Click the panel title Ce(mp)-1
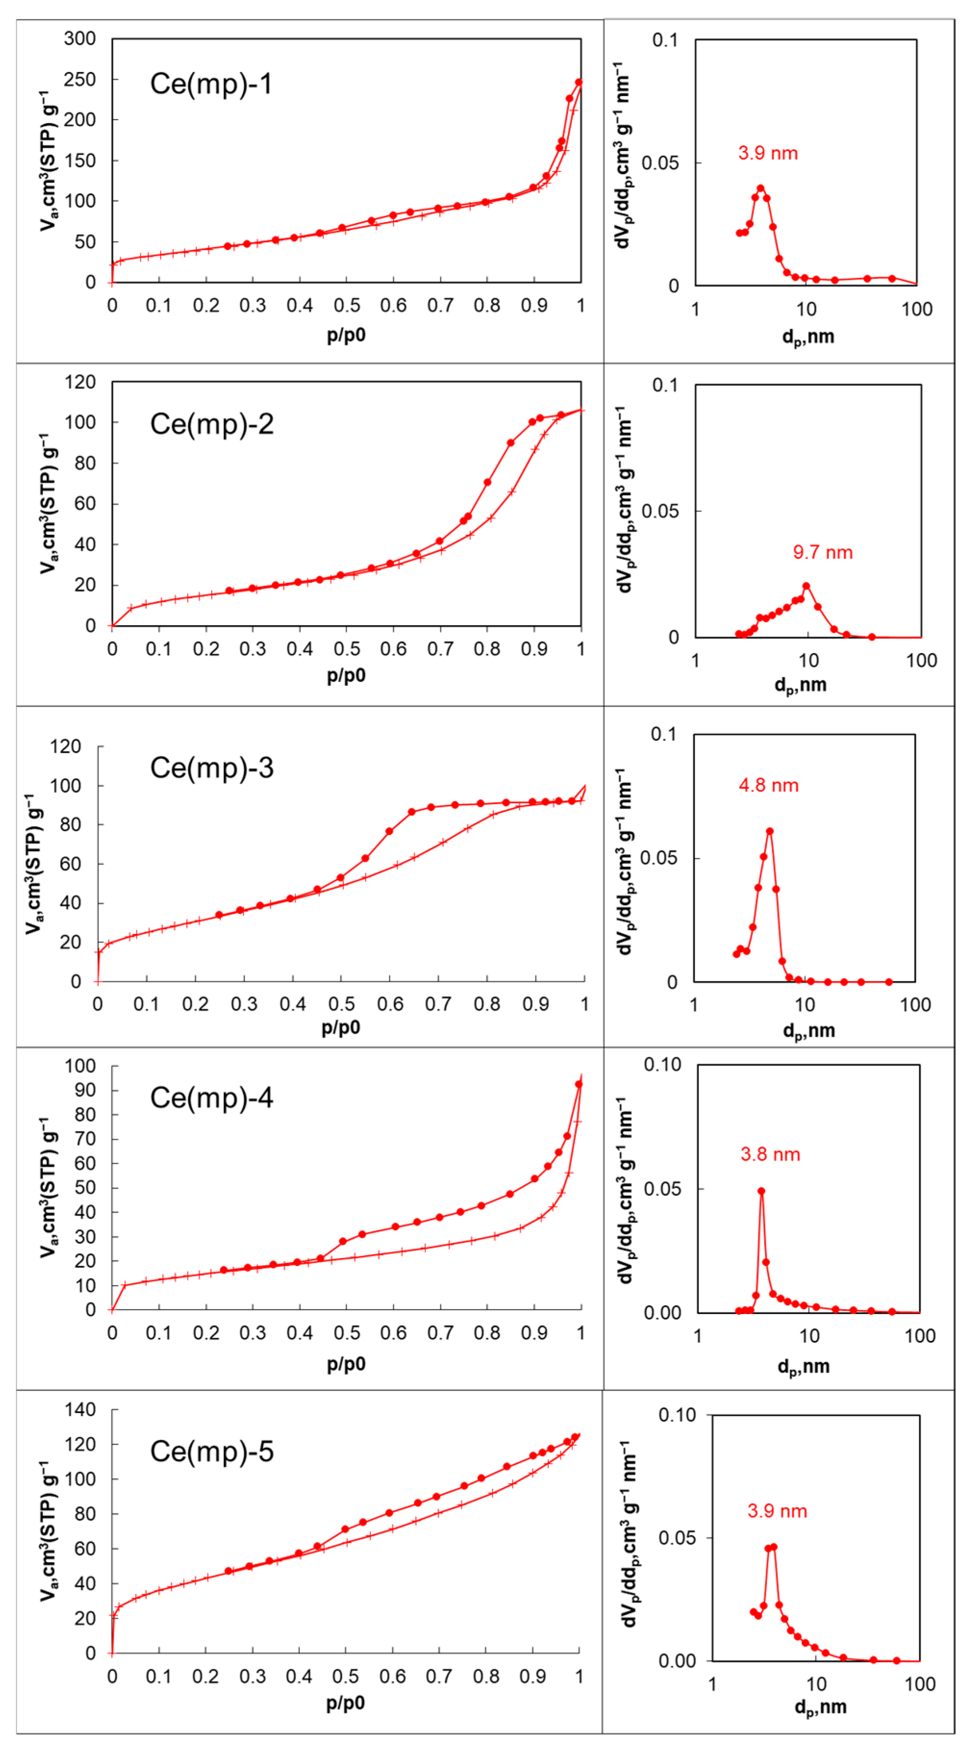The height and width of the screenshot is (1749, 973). [211, 84]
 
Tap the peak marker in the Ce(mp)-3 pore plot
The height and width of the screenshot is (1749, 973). [769, 831]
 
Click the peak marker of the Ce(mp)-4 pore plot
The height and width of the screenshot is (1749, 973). [761, 1191]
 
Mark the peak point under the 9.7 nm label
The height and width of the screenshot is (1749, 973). [806, 586]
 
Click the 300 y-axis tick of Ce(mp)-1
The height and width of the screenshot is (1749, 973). [80, 39]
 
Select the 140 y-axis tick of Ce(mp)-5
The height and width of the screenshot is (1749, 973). [80, 1410]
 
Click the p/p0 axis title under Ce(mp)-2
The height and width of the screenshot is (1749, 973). [346, 676]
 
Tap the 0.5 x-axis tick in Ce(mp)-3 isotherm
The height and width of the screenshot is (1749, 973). [341, 1004]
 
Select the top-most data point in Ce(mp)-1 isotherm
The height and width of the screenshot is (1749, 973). [578, 83]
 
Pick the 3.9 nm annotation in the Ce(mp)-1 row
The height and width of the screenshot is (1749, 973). [767, 153]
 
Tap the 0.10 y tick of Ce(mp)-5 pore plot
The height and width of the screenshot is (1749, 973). [677, 1415]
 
